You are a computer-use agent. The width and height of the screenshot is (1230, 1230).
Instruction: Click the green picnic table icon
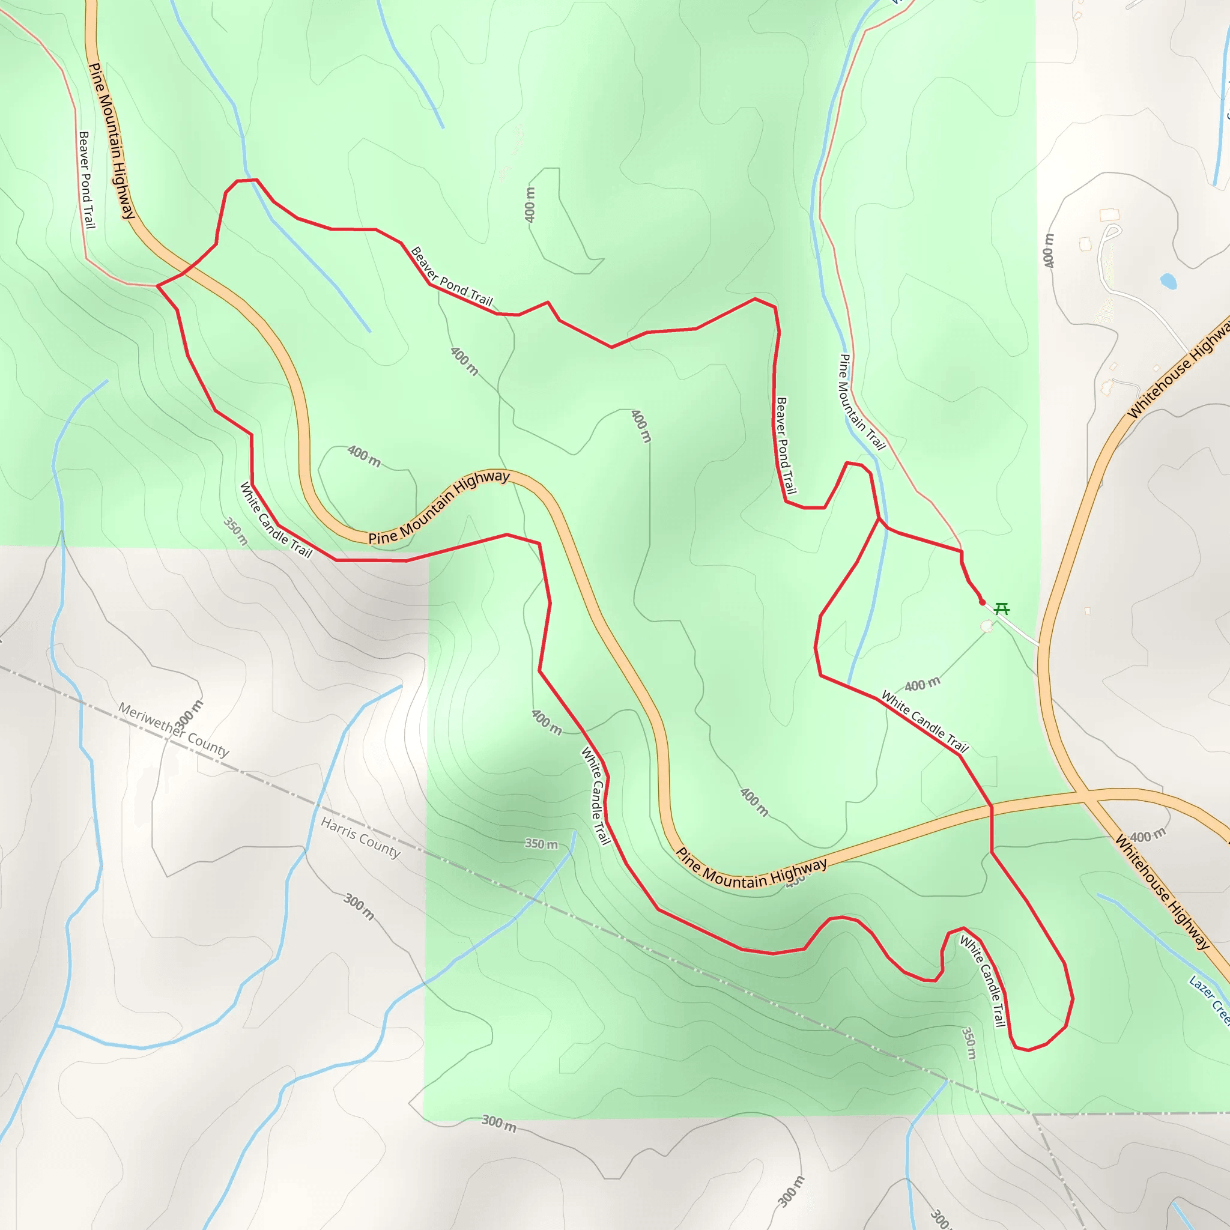coord(1001,608)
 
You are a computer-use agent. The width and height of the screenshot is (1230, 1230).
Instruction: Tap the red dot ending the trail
coord(983,602)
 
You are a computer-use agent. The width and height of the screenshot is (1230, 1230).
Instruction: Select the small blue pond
coord(1168,280)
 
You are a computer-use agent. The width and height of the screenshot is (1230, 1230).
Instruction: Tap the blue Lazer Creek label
coord(1208,1000)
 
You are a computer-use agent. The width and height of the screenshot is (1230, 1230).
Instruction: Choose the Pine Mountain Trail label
coord(862,402)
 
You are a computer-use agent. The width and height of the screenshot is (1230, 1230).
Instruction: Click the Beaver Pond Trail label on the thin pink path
coord(86,180)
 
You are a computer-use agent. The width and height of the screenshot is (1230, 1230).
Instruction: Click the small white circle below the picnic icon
coord(987,627)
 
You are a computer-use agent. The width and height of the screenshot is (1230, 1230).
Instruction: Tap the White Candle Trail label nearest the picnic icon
coord(924,722)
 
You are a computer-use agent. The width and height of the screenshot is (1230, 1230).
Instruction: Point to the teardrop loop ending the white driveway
coord(1112,232)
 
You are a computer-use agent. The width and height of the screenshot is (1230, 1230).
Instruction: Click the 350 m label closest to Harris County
coord(541,844)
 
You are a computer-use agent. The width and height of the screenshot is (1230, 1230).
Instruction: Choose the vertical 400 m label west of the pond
coord(1049,250)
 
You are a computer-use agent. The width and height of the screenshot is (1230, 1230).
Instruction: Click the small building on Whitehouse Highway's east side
coord(1088,611)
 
